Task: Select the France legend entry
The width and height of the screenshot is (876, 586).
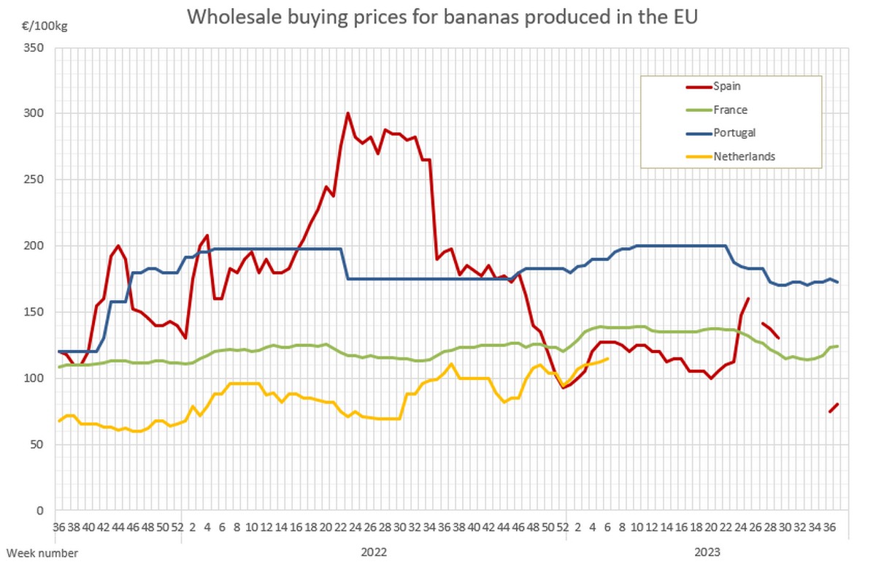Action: (729, 110)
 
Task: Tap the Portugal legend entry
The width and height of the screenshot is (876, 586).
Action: (734, 133)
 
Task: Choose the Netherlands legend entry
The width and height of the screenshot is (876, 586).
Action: (743, 156)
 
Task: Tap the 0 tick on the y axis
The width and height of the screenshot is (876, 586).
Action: (40, 511)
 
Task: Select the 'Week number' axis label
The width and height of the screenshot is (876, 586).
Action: (42, 553)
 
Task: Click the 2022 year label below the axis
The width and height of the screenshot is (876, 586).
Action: (374, 553)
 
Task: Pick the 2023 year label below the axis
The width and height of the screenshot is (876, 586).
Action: (707, 553)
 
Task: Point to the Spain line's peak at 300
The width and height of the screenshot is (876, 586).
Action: (347, 113)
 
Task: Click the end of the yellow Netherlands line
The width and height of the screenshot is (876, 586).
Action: (607, 359)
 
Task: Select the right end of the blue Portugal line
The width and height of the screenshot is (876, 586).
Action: (837, 282)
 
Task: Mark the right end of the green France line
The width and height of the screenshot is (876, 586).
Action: (837, 346)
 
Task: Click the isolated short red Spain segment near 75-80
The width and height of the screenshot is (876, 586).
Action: (833, 408)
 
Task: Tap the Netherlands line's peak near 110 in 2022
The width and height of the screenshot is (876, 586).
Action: (452, 364)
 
